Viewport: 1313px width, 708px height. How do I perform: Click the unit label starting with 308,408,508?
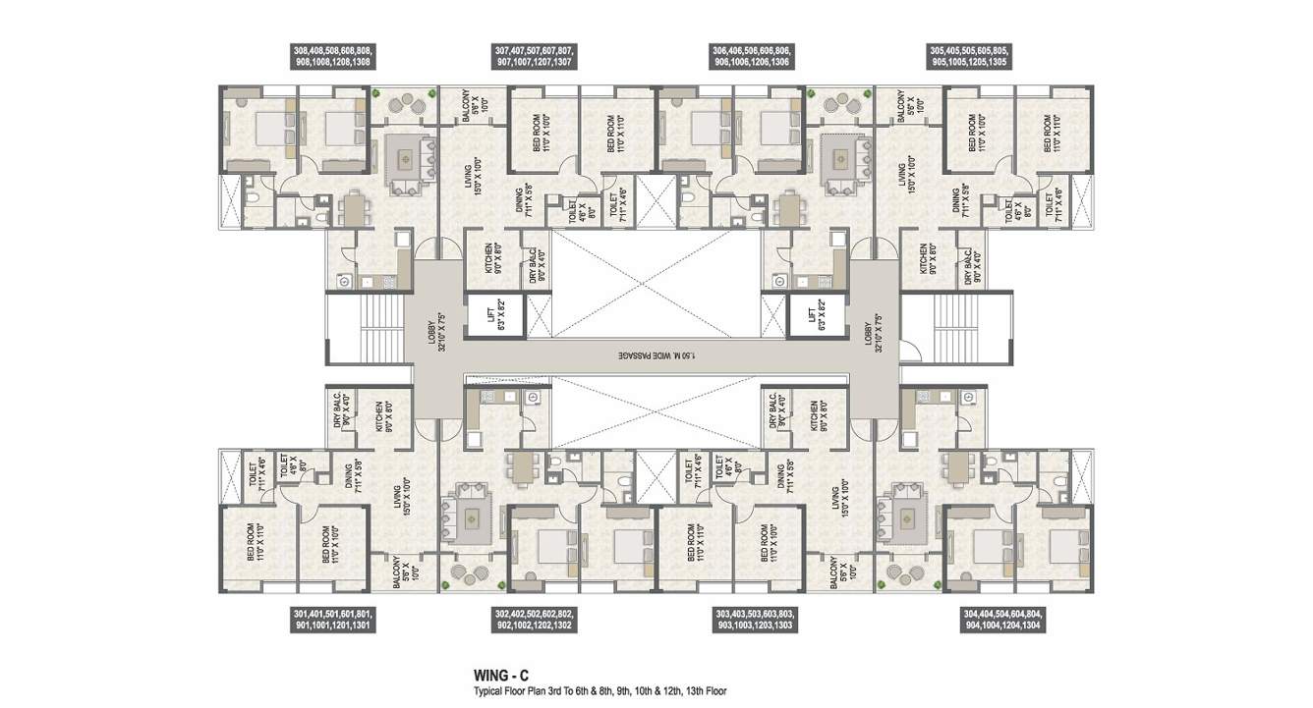tap(333, 55)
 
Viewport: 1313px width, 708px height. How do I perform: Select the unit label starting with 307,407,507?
tap(535, 55)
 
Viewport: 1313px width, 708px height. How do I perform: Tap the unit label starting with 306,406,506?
tap(752, 55)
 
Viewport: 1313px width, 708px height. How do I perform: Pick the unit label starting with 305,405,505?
tap(968, 55)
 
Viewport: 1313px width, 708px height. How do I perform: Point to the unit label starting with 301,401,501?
tap(332, 620)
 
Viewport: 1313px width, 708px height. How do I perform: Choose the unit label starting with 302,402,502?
tap(535, 620)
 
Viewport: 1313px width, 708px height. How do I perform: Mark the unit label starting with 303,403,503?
tap(752, 620)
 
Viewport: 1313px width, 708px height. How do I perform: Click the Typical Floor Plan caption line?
tap(599, 691)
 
